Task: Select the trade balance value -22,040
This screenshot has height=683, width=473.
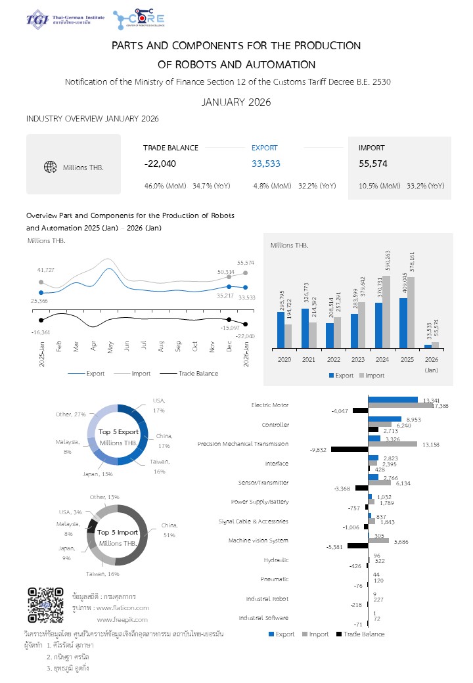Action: pyautogui.click(x=160, y=164)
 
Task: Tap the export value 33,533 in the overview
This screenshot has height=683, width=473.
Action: pyautogui.click(x=265, y=164)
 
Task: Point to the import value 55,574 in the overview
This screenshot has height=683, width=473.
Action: pyautogui.click(x=372, y=164)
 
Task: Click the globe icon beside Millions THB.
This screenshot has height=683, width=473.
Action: pyautogui.click(x=49, y=167)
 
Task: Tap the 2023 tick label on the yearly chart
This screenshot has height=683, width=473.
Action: pyautogui.click(x=357, y=359)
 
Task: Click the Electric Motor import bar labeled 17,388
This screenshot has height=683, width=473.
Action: pyautogui.click(x=400, y=405)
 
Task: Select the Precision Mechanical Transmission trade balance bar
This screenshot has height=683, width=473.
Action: pyautogui.click(x=349, y=450)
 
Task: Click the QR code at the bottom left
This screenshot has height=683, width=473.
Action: pyautogui.click(x=45, y=606)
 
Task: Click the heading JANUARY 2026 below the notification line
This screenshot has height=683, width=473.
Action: pyautogui.click(x=236, y=102)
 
